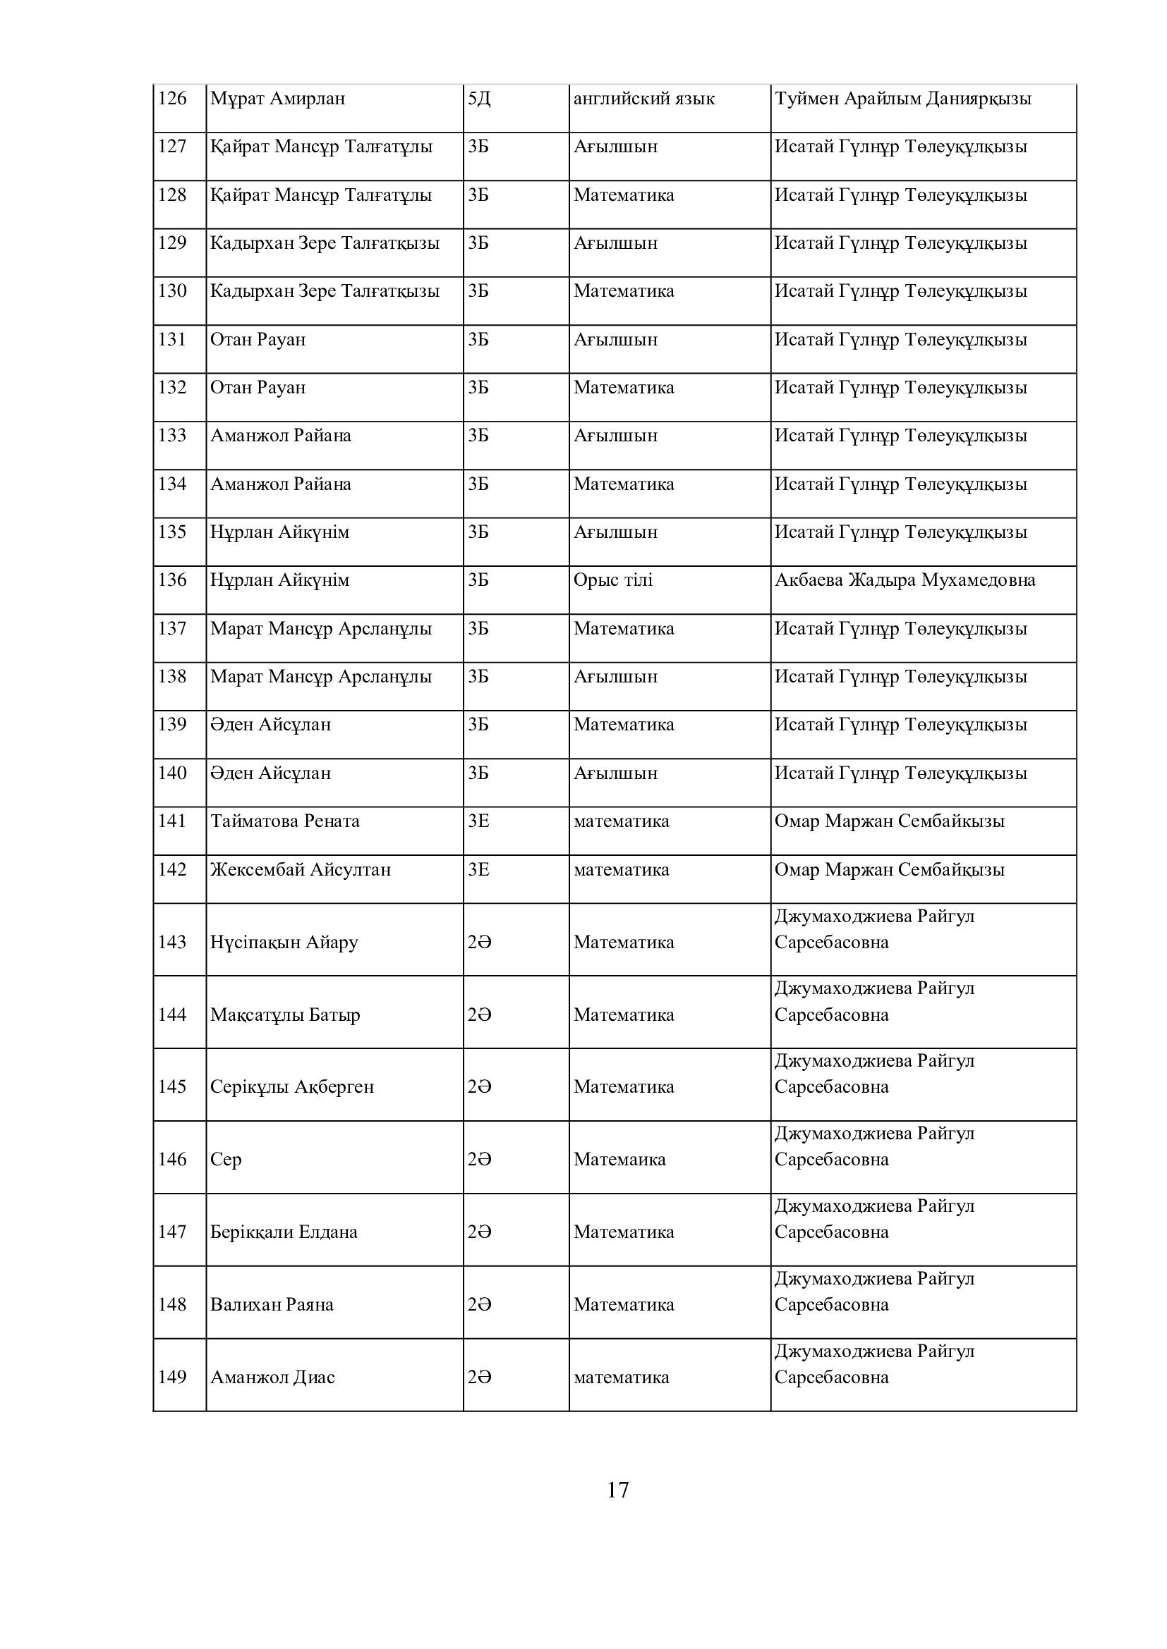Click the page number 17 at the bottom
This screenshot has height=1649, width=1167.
tap(617, 1490)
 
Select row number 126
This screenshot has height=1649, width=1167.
tap(172, 99)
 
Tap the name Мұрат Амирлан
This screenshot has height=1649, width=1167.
tap(277, 99)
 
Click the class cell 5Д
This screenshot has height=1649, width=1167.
tap(478, 99)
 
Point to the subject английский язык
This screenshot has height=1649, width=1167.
tap(644, 99)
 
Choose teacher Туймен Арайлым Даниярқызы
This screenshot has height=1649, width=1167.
tap(902, 99)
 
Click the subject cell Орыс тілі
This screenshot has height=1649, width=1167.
tap(613, 580)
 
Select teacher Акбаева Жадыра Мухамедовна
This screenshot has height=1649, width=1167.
tap(905, 580)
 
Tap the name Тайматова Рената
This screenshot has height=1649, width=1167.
tap(284, 821)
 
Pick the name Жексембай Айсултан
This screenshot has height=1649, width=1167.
tap(301, 870)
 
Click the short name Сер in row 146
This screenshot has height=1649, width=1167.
tap(226, 1159)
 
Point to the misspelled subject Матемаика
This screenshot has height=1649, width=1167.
tap(619, 1159)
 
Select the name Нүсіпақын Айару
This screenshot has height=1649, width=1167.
tap(284, 943)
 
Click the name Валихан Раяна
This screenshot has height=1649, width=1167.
tap(272, 1304)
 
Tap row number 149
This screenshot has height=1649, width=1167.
tap(172, 1377)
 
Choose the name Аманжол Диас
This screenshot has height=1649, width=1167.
tap(272, 1377)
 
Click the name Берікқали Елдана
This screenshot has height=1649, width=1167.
tap(284, 1232)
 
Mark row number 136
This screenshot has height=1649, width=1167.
tap(172, 580)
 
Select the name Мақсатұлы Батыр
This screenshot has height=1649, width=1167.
tap(285, 1014)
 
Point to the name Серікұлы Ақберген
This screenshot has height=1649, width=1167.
tap(292, 1086)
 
